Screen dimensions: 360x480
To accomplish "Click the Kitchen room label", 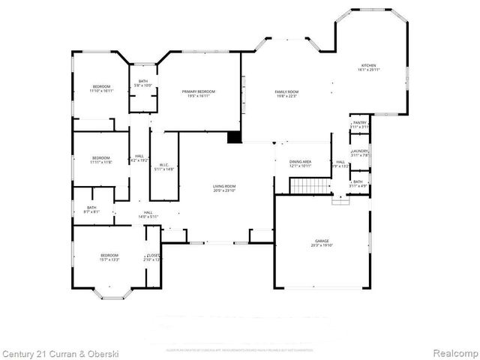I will tap(371, 67).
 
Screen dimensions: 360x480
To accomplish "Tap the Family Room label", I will tap(286, 93).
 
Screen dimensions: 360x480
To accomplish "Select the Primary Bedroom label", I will tap(199, 93).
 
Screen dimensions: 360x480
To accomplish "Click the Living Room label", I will tap(224, 188).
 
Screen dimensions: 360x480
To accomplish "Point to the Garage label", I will tap(322, 242).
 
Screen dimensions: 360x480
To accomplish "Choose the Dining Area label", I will tap(301, 163).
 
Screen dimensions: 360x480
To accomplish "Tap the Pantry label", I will tap(361, 124).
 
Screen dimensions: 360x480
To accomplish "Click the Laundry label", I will tap(361, 153).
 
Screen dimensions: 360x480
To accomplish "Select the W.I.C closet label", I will tap(163, 166).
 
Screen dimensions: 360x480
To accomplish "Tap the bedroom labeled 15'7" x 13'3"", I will tap(109, 258).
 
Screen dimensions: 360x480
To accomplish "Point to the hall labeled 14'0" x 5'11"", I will tap(148, 214).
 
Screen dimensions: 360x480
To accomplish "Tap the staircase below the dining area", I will tap(310, 185).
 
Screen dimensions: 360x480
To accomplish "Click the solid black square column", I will tap(235, 137).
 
